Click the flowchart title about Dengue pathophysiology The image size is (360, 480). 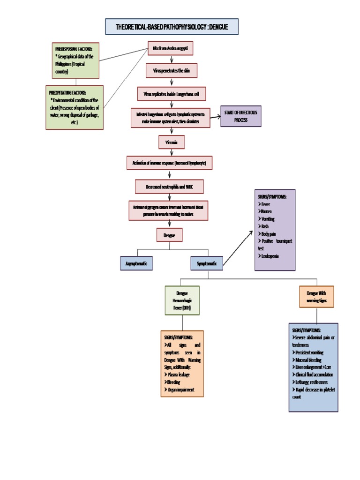tap(172, 27)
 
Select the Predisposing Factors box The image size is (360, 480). tap(76, 60)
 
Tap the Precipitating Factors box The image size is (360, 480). tap(75, 107)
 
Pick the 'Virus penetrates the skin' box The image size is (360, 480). tap(171, 71)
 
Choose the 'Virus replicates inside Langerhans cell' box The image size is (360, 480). tap(171, 94)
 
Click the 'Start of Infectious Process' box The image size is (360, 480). tap(241, 116)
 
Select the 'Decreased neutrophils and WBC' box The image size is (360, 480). tap(170, 187)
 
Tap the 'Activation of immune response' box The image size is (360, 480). tap(170, 163)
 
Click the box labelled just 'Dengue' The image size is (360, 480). tap(169, 235)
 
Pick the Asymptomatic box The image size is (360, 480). tap(136, 264)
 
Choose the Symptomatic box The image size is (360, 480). tap(207, 264)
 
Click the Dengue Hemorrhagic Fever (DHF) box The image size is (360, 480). tap(182, 300)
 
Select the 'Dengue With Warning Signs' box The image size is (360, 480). tap(317, 296)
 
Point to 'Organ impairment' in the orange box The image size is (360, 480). tap(180, 390)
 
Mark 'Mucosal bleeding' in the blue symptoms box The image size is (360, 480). tap(310, 360)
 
